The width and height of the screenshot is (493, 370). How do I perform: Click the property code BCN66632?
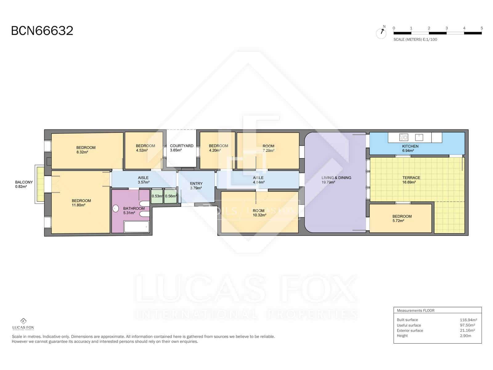point(42,31)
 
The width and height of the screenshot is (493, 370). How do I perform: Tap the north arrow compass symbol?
point(381,33)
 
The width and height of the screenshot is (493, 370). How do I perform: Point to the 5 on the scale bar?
point(482,28)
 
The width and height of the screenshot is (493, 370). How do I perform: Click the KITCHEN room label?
point(410,146)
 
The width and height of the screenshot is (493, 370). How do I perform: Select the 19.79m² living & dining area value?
point(328,182)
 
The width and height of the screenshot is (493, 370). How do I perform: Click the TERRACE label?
point(411,178)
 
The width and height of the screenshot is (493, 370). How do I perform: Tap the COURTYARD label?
point(181,146)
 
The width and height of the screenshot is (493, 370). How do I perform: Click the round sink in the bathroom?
point(116,209)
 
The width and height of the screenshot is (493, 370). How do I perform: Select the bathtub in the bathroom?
point(136,227)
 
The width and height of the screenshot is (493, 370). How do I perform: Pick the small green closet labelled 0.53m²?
point(157,196)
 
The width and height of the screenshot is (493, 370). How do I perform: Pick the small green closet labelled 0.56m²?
point(170,196)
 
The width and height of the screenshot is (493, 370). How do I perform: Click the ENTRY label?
point(196,183)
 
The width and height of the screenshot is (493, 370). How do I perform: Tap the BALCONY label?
point(24,182)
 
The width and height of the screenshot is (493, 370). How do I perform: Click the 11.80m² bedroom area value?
point(79,205)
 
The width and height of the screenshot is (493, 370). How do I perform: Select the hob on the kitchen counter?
point(403,137)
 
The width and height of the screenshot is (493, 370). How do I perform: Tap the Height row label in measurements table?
point(402,336)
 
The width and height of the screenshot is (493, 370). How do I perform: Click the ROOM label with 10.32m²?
point(259,211)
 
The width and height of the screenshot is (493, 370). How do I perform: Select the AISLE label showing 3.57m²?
point(143,178)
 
